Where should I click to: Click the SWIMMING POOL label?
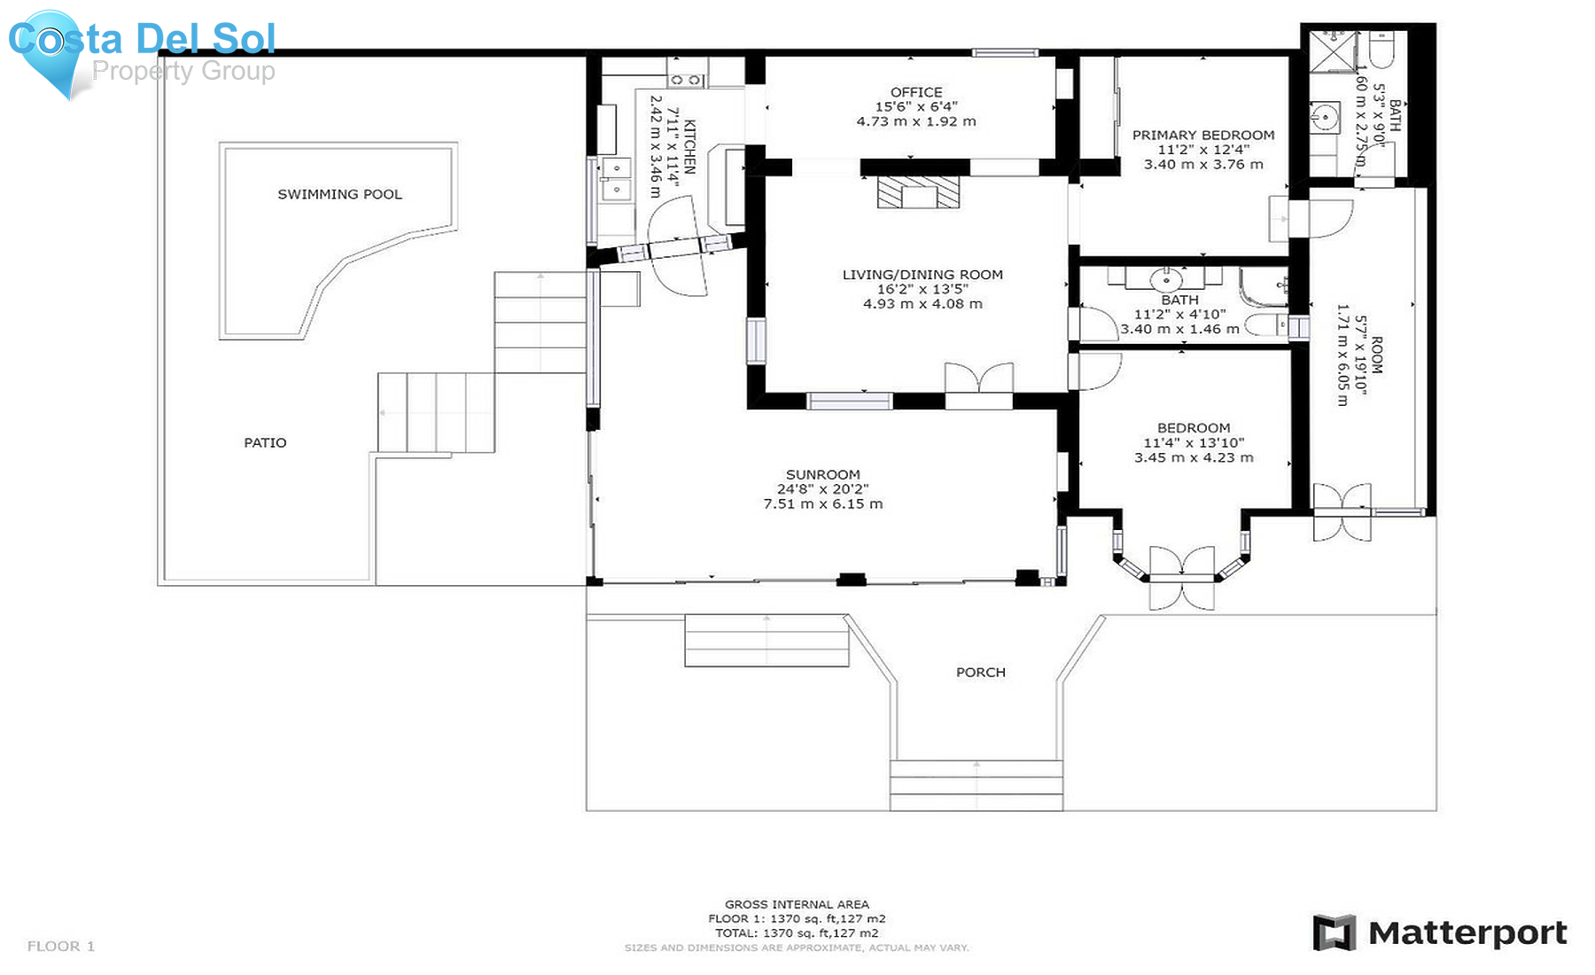pos(339,194)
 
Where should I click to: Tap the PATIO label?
pos(265,442)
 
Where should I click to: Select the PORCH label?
pos(980,672)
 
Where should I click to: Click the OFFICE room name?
pos(916,92)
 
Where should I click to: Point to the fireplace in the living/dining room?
pos(918,192)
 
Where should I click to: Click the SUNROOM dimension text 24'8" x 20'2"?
pos(822,489)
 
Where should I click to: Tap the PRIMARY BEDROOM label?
pos(1203,135)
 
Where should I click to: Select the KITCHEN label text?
pos(689,147)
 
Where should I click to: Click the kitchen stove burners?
pos(686,80)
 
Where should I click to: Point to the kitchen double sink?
pos(616,178)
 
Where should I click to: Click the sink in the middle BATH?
pos(1165,280)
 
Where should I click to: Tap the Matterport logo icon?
pos(1334,932)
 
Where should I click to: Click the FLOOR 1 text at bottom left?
pos(61,946)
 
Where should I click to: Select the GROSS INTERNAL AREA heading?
pos(797,904)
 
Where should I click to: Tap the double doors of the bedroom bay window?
pos(1181,578)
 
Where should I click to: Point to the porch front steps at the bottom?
pos(976,785)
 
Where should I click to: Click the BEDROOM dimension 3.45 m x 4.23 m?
pos(1194,457)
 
